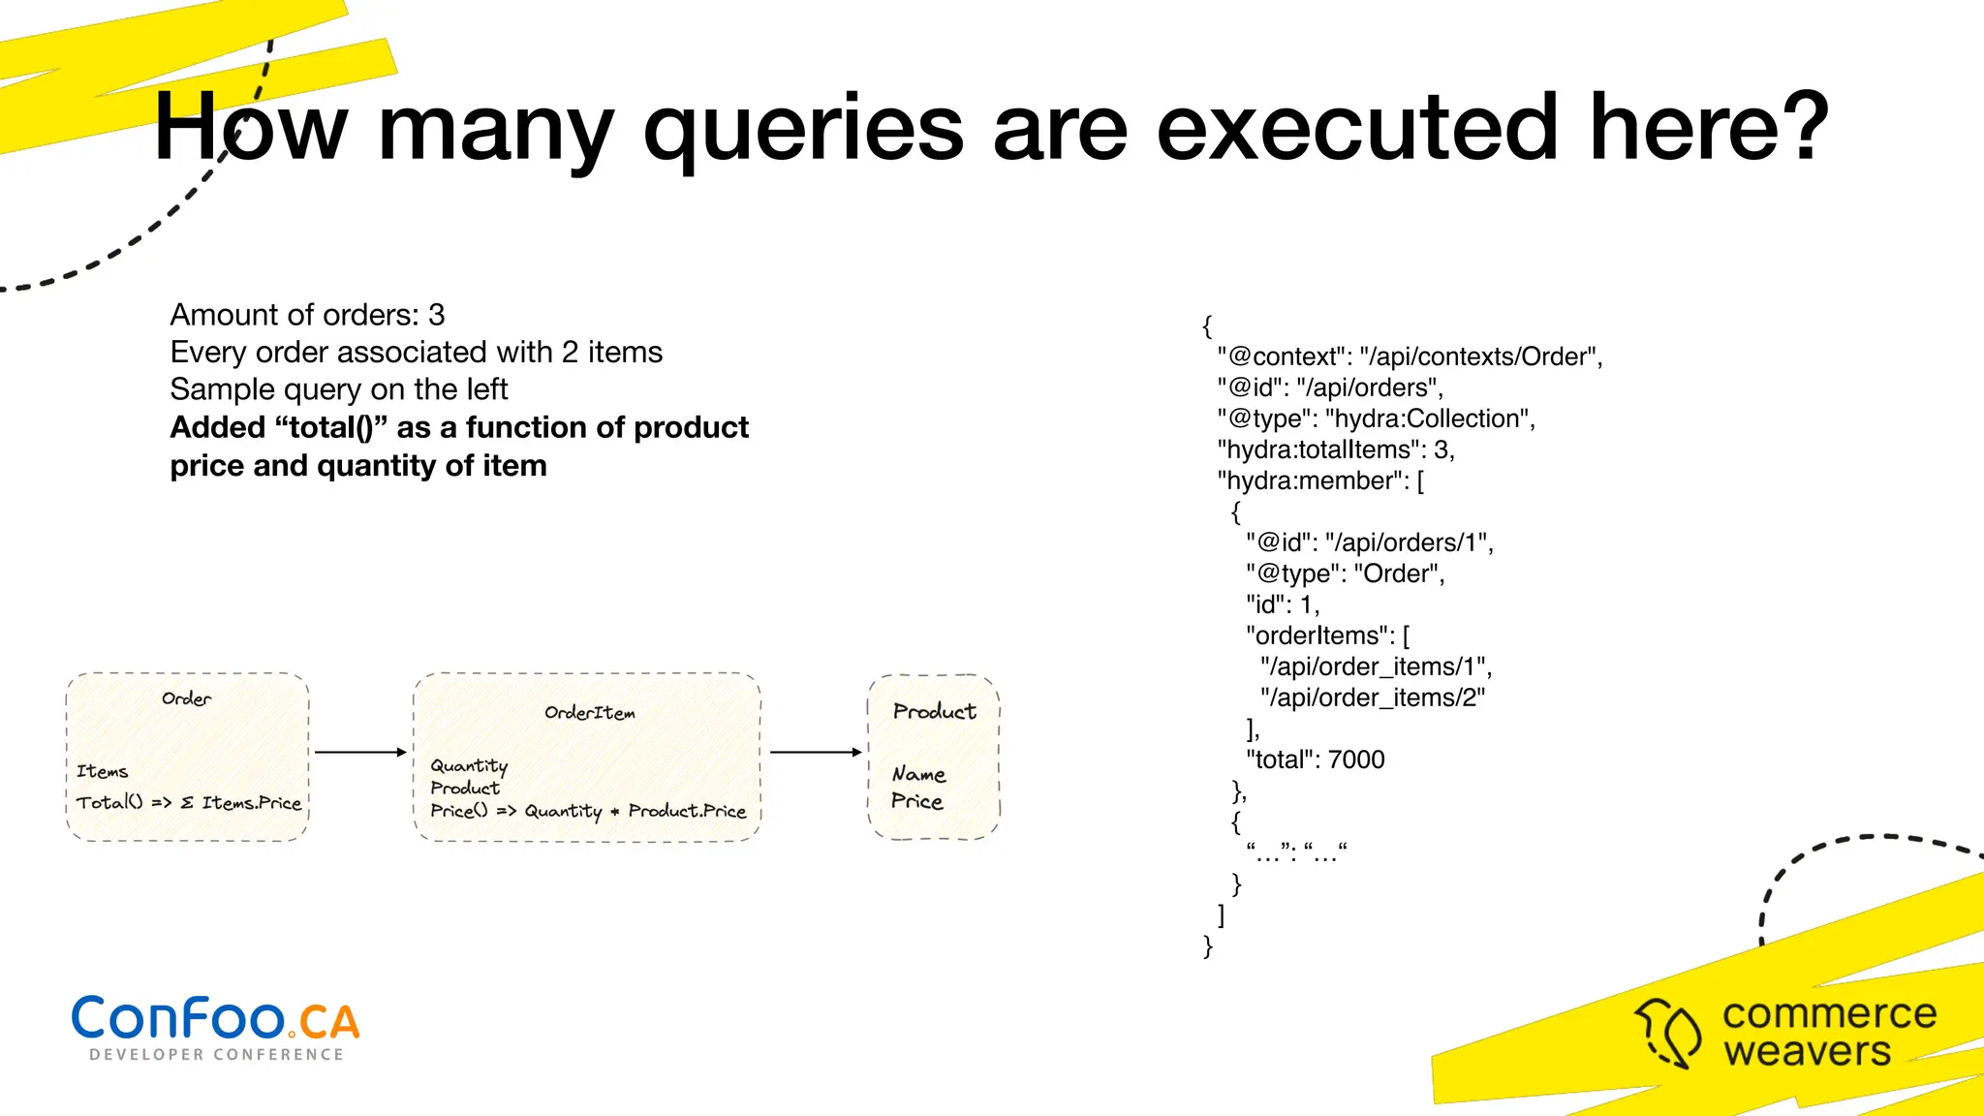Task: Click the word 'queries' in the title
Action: pyautogui.click(x=803, y=131)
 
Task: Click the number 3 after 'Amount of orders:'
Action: pyautogui.click(x=437, y=315)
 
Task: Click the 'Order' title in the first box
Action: pyautogui.click(x=186, y=698)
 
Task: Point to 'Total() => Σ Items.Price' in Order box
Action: pyautogui.click(x=189, y=803)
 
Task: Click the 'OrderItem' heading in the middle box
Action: pyautogui.click(x=589, y=713)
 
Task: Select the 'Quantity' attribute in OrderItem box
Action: pyautogui.click(x=469, y=765)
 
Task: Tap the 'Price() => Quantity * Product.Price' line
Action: pyautogui.click(x=588, y=811)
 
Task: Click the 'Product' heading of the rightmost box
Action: pyautogui.click(x=934, y=711)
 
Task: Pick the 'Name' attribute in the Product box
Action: pyautogui.click(x=918, y=774)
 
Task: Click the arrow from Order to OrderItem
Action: pyautogui.click(x=360, y=752)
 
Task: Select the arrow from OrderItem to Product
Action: pyautogui.click(x=815, y=752)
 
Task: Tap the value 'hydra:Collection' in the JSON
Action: pyautogui.click(x=1429, y=418)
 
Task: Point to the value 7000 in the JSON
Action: pyautogui.click(x=1356, y=759)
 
